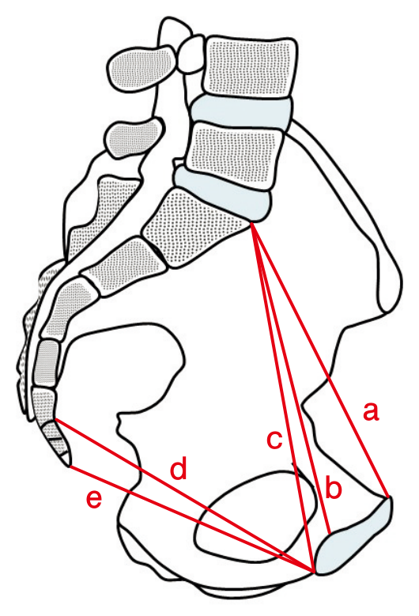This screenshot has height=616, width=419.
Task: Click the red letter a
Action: click(371, 412)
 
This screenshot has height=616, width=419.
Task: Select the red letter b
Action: click(334, 487)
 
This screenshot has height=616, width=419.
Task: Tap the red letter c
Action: click(274, 439)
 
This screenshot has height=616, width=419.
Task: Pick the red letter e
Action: click(94, 499)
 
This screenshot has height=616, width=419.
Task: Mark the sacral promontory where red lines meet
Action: click(251, 223)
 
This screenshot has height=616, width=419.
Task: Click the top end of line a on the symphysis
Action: click(388, 497)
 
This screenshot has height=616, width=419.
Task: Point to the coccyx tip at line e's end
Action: click(69, 467)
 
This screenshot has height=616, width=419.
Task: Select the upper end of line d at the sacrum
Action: click(55, 420)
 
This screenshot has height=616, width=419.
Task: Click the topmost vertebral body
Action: click(249, 66)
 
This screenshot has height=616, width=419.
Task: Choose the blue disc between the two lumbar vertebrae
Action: click(241, 112)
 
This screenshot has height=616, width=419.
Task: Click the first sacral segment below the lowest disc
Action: click(195, 229)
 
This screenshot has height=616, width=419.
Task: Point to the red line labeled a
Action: click(320, 361)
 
